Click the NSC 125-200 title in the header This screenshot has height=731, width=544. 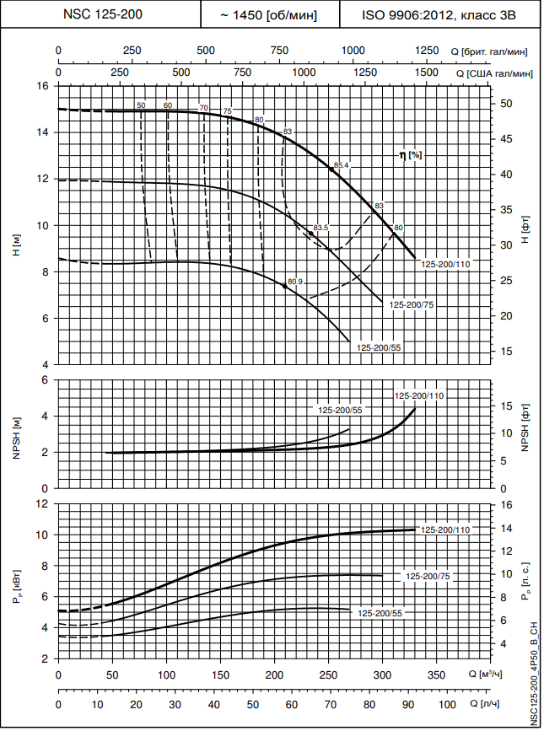point(100,14)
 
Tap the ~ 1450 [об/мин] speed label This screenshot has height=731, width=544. point(269,14)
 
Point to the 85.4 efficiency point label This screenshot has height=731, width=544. point(342,165)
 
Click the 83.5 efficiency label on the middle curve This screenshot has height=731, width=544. point(320,228)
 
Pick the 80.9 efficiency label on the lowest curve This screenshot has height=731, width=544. point(295,282)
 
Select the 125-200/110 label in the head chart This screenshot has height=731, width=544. point(445,265)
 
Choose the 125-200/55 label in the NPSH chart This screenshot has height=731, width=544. point(340,410)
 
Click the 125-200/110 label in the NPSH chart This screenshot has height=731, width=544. point(419,395)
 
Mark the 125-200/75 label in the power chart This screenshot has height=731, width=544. point(428,577)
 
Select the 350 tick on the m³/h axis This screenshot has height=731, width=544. point(436,675)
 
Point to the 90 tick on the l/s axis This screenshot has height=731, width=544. point(409,704)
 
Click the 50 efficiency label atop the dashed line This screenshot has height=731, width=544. point(141,105)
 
